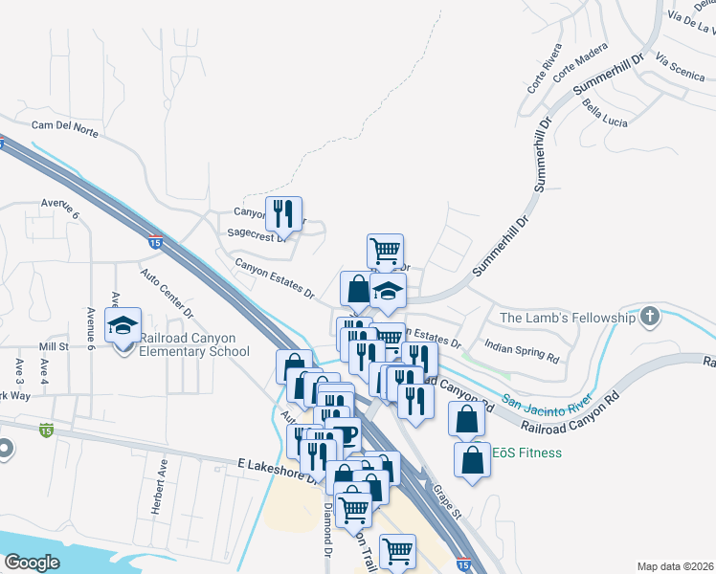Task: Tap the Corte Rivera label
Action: click(x=538, y=77)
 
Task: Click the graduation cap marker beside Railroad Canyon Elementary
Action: click(x=123, y=325)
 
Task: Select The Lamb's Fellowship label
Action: click(x=568, y=318)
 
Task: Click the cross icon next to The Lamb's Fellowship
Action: click(x=650, y=316)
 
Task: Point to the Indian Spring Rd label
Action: click(x=522, y=349)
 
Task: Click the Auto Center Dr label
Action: click(x=168, y=293)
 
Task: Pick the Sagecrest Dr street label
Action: click(x=256, y=233)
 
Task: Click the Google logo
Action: click(x=32, y=563)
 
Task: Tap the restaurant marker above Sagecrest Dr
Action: click(x=283, y=212)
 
